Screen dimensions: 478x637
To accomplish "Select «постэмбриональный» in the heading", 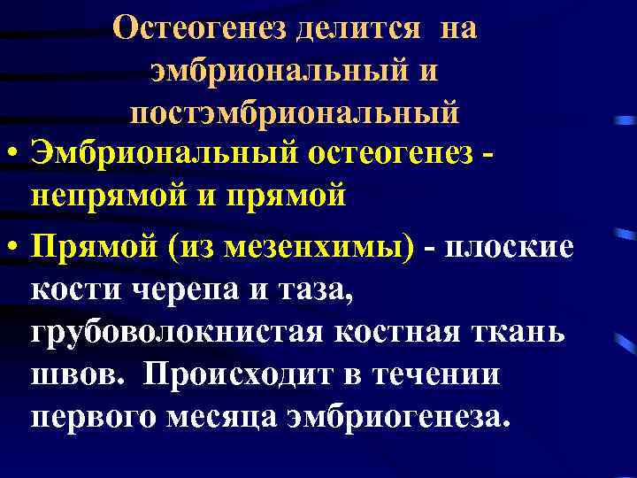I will pos(294,113).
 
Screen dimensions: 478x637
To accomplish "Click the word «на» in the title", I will pos(457,27).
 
